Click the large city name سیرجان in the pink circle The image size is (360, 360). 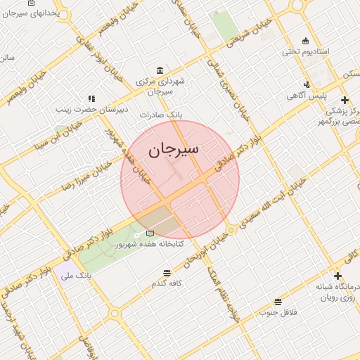pyautogui.click(x=174, y=149)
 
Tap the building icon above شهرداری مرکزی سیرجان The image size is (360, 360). pyautogui.click(x=161, y=71)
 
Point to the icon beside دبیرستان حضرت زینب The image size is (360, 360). pyautogui.click(x=91, y=99)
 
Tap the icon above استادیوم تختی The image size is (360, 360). pyautogui.click(x=304, y=40)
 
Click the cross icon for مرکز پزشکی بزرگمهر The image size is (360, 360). pyautogui.click(x=344, y=100)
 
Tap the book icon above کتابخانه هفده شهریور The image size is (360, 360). pyautogui.click(x=149, y=233)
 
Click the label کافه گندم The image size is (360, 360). pyautogui.click(x=167, y=283)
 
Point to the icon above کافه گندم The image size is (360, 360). pyautogui.click(x=167, y=273)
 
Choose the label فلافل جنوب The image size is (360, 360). pyautogui.click(x=278, y=311)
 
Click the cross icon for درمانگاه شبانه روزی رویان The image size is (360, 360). pyautogui.click(x=337, y=276)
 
